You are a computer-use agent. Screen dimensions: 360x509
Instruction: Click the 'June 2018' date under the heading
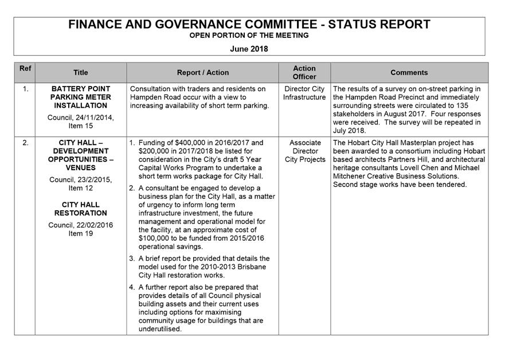click(x=249, y=49)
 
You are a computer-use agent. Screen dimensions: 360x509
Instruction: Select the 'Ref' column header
click(x=25, y=68)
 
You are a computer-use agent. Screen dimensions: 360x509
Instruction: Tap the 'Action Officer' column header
click(x=304, y=72)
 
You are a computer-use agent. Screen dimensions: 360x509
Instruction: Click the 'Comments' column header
click(x=409, y=73)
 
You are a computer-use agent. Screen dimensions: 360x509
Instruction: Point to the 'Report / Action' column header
click(x=203, y=73)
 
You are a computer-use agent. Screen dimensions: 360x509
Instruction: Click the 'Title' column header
click(x=81, y=73)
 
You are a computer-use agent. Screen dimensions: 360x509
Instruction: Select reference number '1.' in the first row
click(x=25, y=89)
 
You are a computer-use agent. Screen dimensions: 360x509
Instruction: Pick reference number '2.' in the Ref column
click(x=25, y=143)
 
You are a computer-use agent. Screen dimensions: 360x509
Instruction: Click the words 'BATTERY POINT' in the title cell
click(x=81, y=89)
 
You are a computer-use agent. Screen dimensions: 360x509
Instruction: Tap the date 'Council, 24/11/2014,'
click(x=81, y=118)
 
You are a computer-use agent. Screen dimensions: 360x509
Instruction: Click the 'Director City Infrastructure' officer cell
click(x=304, y=93)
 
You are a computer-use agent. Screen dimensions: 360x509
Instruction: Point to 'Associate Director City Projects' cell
click(x=304, y=151)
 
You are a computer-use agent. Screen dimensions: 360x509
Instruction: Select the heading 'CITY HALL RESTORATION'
click(x=81, y=209)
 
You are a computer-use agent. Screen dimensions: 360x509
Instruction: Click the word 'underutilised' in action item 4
click(x=160, y=329)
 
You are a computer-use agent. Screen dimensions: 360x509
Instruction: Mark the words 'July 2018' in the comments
click(x=349, y=131)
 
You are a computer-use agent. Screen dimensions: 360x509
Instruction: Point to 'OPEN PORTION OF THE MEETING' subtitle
click(x=249, y=36)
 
